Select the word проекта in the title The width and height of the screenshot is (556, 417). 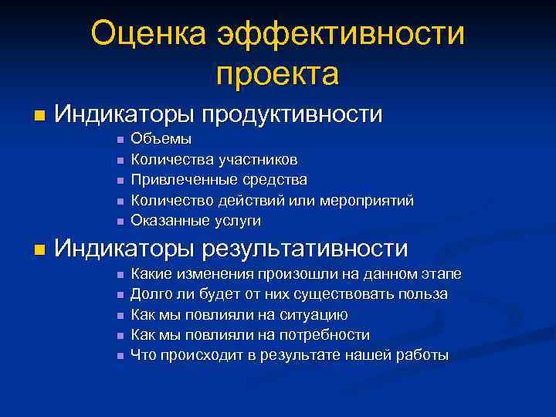(277, 74)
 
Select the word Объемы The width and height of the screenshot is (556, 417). (161, 140)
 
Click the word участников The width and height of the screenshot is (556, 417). (257, 160)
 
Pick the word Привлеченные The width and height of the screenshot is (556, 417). (179, 180)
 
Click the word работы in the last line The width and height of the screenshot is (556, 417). (423, 355)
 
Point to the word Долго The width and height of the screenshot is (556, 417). (150, 294)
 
